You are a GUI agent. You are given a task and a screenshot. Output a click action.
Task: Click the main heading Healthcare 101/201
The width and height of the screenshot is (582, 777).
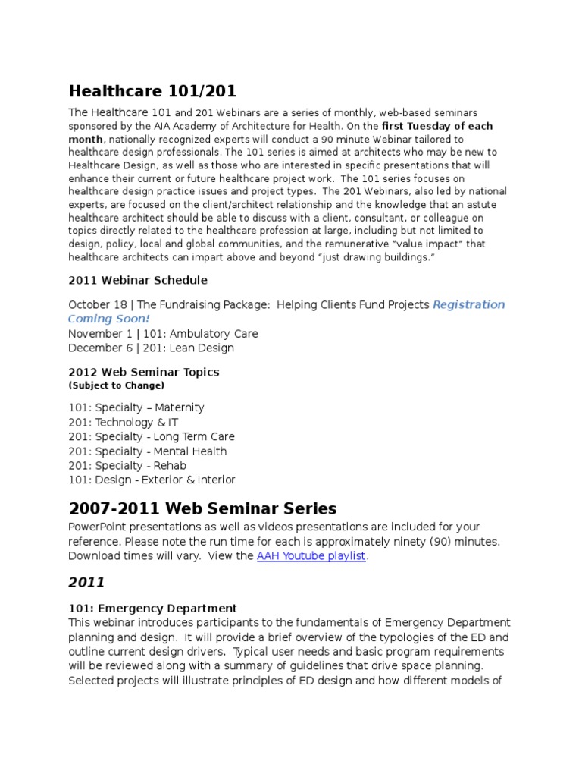152,91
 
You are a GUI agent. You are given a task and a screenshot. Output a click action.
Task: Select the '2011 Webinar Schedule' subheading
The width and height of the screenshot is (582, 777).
137,280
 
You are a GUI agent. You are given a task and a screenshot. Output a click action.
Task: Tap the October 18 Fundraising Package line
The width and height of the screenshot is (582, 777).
249,305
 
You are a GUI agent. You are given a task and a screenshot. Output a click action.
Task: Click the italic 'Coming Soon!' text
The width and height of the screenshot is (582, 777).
109,319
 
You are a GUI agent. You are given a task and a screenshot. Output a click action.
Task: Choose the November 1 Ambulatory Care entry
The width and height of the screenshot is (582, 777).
163,333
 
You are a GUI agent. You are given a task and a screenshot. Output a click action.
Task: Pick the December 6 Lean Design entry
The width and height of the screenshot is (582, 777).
151,348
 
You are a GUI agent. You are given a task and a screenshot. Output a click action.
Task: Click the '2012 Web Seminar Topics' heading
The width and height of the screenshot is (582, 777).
143,372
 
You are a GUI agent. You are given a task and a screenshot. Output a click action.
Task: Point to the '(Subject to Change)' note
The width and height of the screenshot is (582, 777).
116,385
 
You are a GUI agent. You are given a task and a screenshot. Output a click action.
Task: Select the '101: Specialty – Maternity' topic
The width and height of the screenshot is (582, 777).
136,407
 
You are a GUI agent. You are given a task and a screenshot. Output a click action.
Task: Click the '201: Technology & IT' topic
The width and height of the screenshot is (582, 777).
124,422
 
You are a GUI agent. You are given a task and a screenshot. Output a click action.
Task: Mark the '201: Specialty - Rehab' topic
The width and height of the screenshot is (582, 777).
127,465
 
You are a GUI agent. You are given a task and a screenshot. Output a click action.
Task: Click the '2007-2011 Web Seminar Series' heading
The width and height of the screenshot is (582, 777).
202,508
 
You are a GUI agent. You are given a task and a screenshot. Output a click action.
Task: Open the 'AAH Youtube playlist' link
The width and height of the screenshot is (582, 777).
311,556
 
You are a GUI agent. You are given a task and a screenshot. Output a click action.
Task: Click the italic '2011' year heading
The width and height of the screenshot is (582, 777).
86,583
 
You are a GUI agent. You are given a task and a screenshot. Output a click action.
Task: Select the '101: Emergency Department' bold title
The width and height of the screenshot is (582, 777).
152,609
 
